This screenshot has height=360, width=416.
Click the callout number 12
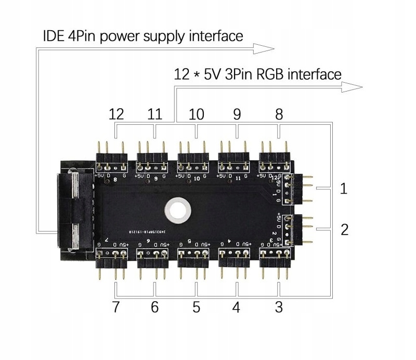pos(117,114)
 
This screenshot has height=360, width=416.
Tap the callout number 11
pos(155,114)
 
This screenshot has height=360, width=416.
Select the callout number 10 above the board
pos(196,114)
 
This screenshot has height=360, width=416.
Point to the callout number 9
pos(237,114)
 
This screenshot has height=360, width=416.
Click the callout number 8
pos(279,114)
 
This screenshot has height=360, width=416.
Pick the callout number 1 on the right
pos(343,188)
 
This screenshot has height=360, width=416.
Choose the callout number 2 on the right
pos(344,229)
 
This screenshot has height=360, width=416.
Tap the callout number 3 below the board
pos(279,307)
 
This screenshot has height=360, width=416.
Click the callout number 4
pos(236,307)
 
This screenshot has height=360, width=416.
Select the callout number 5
pos(196,307)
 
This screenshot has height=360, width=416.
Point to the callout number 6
pos(154,307)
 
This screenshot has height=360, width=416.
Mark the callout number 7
pos(116,307)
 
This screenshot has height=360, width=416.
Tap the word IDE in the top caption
pos(55,36)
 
